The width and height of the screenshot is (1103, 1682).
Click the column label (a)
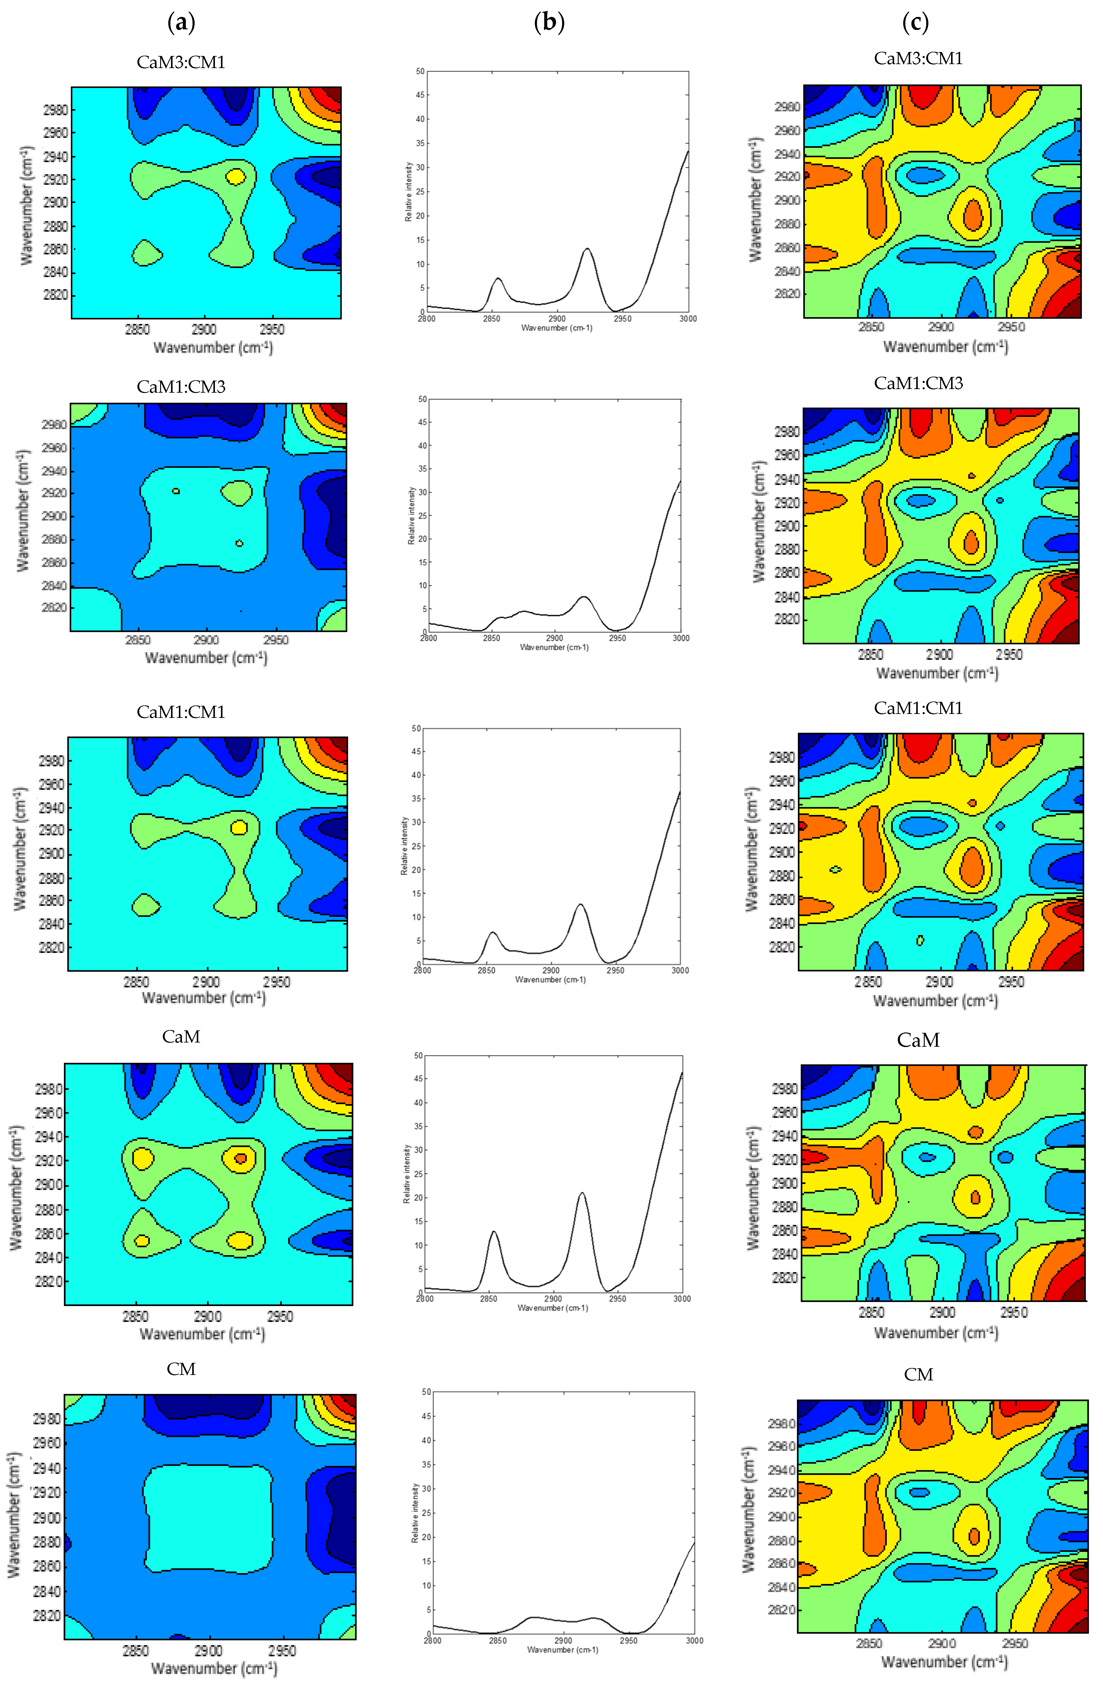tap(181, 23)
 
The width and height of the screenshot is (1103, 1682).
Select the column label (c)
tap(916, 23)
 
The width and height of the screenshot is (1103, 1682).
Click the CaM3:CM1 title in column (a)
tap(181, 62)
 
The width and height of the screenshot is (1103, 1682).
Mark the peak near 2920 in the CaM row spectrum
tap(582, 1194)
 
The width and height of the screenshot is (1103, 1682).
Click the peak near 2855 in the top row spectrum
tap(498, 278)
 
